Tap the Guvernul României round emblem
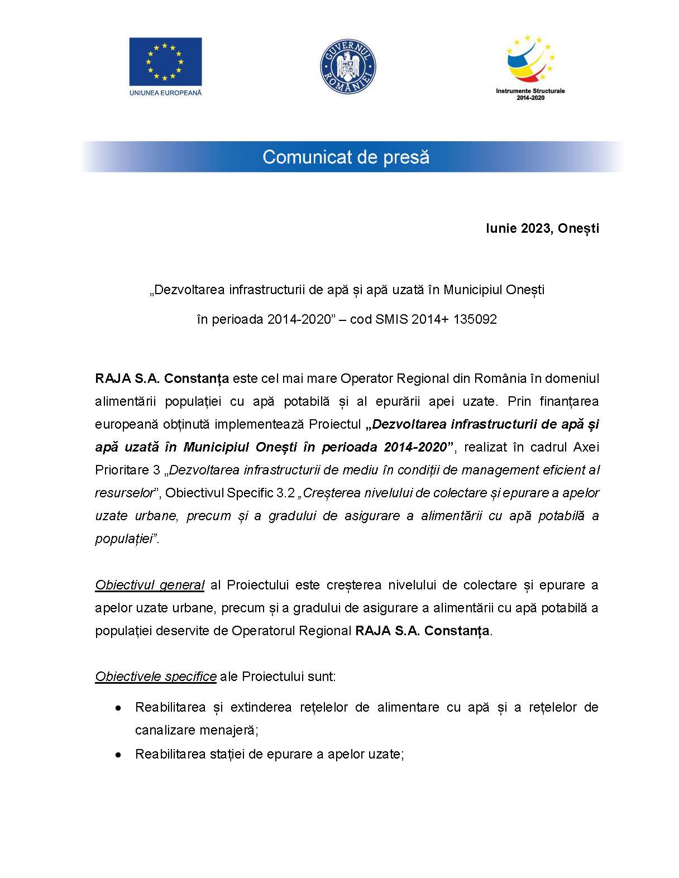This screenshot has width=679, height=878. click(347, 66)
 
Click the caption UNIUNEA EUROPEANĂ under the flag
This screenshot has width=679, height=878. click(165, 92)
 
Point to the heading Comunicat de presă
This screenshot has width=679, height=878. click(346, 157)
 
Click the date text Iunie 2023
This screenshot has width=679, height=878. click(517, 228)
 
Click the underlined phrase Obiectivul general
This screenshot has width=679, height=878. click(150, 585)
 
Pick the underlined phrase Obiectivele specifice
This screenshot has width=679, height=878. click(156, 677)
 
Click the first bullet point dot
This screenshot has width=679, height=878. click(118, 708)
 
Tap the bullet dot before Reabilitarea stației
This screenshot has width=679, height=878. click(118, 755)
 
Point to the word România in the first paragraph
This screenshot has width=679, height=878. click(500, 378)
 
